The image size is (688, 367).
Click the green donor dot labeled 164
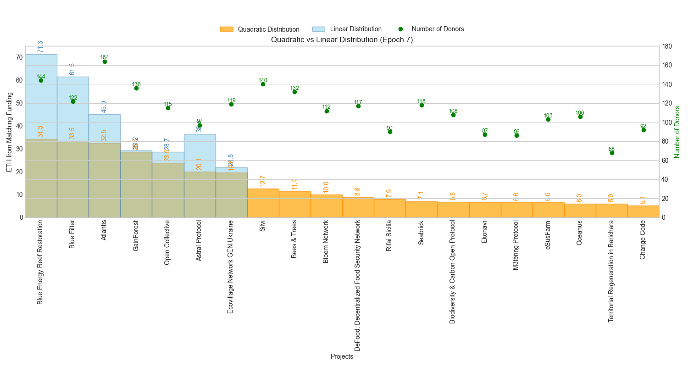click(x=105, y=61)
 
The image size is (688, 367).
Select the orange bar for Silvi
click(x=263, y=203)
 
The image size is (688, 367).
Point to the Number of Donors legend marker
click(x=400, y=29)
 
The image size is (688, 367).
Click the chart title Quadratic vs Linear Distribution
click(x=342, y=39)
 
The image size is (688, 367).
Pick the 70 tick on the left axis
click(x=19, y=57)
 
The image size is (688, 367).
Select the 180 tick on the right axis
click(x=667, y=46)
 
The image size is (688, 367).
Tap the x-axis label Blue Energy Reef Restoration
click(x=40, y=262)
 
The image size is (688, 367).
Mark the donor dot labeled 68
click(x=612, y=153)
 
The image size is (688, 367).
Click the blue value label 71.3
click(x=40, y=46)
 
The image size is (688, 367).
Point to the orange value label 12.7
click(x=263, y=181)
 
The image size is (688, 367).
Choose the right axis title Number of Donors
click(x=677, y=132)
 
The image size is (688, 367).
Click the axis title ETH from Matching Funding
click(x=10, y=132)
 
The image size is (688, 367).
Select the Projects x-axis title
click(x=342, y=356)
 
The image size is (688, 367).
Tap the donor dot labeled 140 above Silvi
click(x=263, y=84)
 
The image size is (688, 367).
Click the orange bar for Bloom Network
click(x=326, y=206)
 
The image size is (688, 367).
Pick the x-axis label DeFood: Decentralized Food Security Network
click(x=358, y=286)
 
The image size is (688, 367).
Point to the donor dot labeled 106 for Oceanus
click(x=580, y=117)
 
